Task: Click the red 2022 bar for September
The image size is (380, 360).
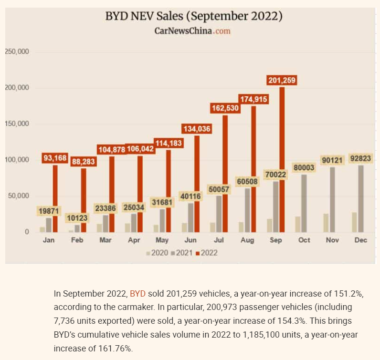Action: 282,160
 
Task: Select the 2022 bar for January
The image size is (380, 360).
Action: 55,198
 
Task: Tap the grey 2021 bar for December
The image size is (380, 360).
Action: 360,198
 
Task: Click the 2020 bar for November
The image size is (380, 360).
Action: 326,223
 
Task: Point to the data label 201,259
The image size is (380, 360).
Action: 282,80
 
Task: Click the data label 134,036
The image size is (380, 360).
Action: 196,128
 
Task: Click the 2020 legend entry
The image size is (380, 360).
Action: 157,253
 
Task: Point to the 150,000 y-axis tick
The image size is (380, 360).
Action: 17,124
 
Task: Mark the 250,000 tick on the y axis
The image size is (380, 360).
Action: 17,51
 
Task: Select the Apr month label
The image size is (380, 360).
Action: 134,240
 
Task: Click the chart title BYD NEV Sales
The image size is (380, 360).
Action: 194,17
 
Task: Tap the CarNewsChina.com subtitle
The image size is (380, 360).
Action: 192,31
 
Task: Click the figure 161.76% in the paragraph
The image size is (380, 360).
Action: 116,349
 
